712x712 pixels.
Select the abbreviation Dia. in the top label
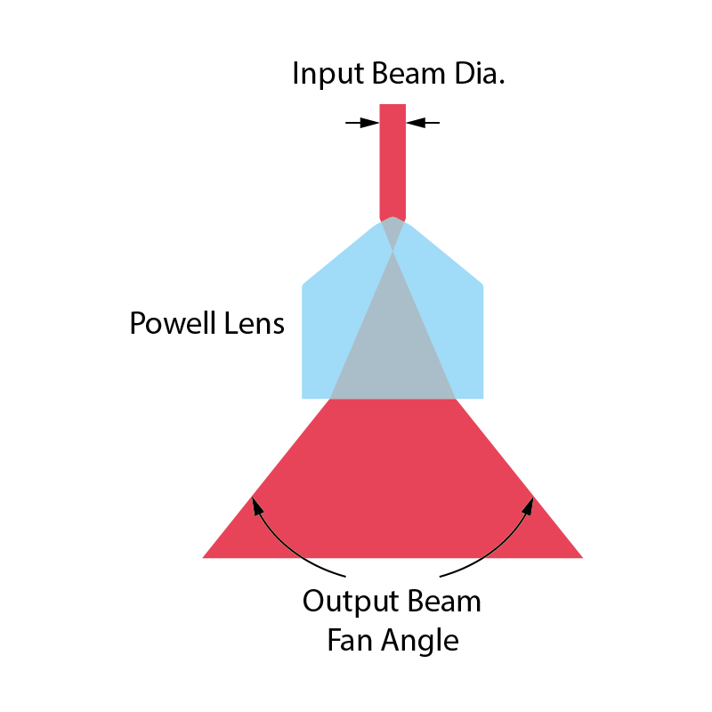point(477,75)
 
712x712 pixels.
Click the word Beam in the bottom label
point(443,603)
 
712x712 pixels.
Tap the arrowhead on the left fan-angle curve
point(257,506)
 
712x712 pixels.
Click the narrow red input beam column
point(392,160)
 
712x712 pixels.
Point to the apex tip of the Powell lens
point(392,217)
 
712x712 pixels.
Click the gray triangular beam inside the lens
point(392,347)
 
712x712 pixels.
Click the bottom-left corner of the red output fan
point(206,556)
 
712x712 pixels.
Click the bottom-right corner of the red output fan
point(579,556)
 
